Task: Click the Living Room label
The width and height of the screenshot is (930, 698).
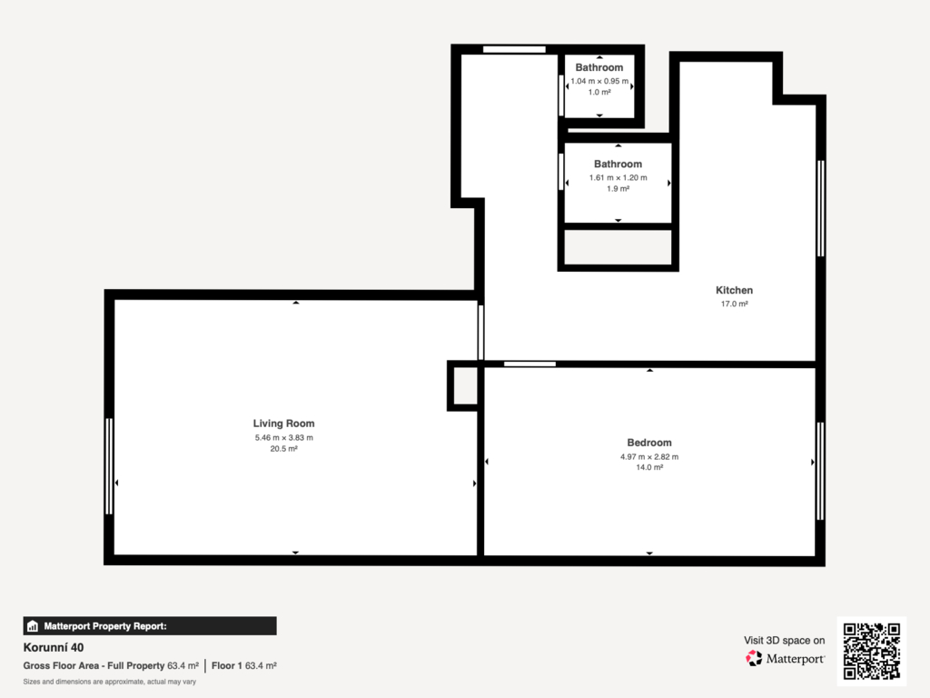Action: (x=283, y=424)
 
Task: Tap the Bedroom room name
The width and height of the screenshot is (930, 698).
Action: (x=649, y=443)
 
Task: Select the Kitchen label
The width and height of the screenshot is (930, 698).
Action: (x=734, y=290)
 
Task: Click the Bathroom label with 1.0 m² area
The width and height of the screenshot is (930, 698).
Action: (x=599, y=67)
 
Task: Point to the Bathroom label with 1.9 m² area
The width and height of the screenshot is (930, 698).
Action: (x=618, y=164)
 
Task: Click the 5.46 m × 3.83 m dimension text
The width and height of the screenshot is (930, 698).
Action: (x=284, y=437)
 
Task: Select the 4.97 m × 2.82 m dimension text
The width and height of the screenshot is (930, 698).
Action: (x=649, y=456)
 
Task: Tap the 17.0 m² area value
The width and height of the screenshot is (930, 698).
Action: (x=734, y=304)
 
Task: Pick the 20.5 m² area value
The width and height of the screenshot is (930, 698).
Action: (x=284, y=449)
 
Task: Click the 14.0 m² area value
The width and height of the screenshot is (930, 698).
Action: (x=649, y=468)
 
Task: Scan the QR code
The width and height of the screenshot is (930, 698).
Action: (x=872, y=651)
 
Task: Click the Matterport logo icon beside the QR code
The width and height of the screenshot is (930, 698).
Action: (x=754, y=658)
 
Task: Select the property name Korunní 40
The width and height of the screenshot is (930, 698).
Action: (x=54, y=647)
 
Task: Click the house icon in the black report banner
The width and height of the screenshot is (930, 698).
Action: (x=33, y=626)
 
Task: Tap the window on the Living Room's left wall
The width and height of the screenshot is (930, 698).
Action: (x=109, y=466)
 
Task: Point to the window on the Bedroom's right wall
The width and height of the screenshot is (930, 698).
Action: (x=820, y=472)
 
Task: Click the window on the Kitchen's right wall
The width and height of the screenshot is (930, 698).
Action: (x=821, y=208)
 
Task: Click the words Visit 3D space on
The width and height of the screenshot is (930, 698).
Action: (x=784, y=641)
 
